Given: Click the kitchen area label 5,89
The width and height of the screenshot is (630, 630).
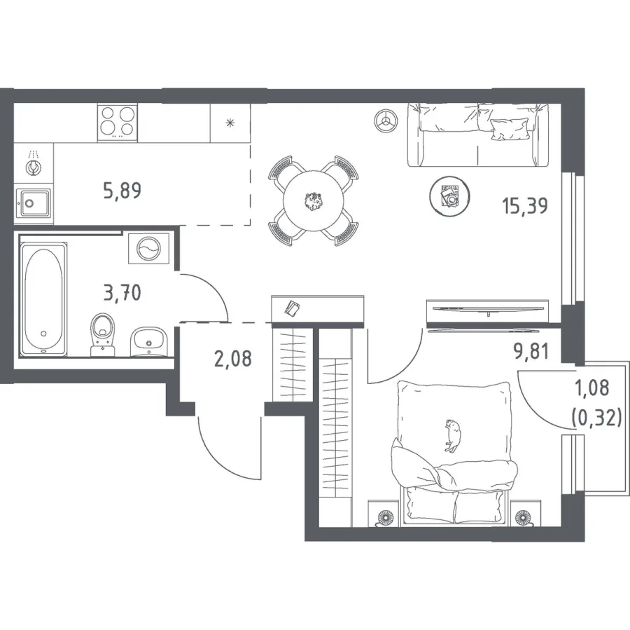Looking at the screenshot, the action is [x=122, y=191].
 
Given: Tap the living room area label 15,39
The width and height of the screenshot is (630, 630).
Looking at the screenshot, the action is [x=525, y=205].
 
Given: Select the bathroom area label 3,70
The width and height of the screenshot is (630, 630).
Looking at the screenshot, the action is [x=122, y=292].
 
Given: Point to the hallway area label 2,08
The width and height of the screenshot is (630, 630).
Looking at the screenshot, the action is [x=233, y=358].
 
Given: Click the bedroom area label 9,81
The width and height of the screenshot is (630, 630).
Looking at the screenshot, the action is [x=531, y=351].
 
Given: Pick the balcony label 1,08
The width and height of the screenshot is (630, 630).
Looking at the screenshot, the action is [x=592, y=388].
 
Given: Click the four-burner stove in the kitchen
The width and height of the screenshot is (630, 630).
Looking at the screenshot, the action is [x=118, y=123].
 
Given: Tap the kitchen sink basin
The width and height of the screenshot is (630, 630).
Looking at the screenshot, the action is [x=32, y=203].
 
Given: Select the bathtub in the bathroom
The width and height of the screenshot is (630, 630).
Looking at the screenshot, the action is [x=43, y=299].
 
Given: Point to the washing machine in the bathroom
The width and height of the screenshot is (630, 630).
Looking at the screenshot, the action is [x=148, y=248].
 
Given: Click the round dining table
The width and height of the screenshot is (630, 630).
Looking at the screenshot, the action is [x=314, y=200].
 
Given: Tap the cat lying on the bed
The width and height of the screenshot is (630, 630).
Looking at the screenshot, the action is [x=453, y=435].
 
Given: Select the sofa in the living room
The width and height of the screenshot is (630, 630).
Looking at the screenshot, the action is [x=478, y=135].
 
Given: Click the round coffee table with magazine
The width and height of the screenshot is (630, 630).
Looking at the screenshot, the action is [x=449, y=196].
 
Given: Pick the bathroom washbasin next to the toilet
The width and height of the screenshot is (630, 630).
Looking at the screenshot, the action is [x=148, y=341].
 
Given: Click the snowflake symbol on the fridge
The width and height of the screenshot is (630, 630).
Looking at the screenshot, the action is [x=230, y=123].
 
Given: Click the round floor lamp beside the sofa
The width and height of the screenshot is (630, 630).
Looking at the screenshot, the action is [x=386, y=121].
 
